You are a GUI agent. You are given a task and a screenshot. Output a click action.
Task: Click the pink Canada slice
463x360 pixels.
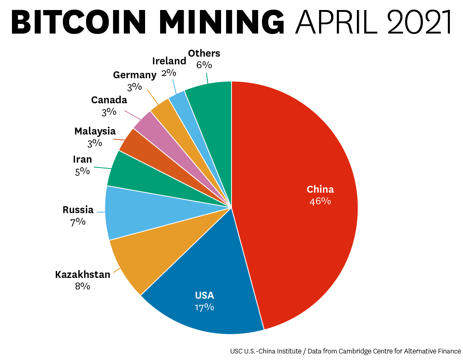tap(145, 121)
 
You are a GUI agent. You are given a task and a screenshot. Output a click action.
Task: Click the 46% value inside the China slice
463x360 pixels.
tap(320, 201)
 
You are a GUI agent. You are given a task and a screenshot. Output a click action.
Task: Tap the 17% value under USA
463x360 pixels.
tap(204, 307)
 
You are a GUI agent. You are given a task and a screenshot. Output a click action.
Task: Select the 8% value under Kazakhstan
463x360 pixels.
tap(83, 286)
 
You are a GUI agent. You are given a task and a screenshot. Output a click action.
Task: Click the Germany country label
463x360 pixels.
tap(134, 75)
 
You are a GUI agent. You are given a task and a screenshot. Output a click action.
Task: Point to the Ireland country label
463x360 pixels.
tap(169, 61)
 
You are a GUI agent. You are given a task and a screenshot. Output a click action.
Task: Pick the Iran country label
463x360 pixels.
tap(83, 159)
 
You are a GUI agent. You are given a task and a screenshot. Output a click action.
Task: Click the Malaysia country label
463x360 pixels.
tap(95, 131)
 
